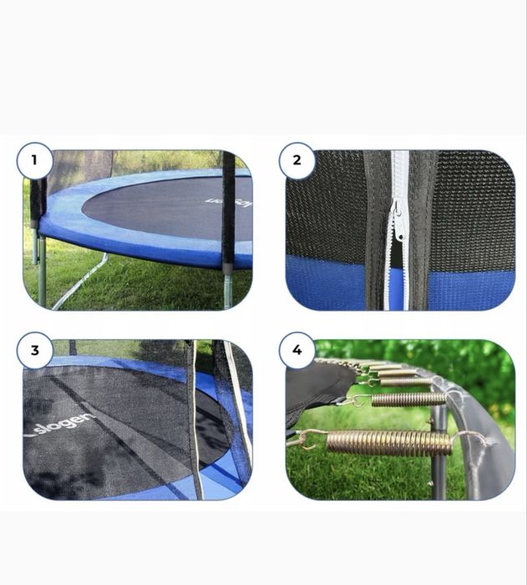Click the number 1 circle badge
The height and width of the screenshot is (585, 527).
(34, 160)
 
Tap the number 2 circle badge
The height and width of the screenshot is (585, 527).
(296, 160)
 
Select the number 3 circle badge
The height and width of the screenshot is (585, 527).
(34, 350)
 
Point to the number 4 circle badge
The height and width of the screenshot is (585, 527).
(296, 350)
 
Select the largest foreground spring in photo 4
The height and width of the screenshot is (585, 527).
(388, 443)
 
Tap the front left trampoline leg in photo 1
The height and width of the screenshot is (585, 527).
(41, 280)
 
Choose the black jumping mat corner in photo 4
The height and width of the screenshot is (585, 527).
(313, 393)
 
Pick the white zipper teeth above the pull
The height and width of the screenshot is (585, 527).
(400, 175)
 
